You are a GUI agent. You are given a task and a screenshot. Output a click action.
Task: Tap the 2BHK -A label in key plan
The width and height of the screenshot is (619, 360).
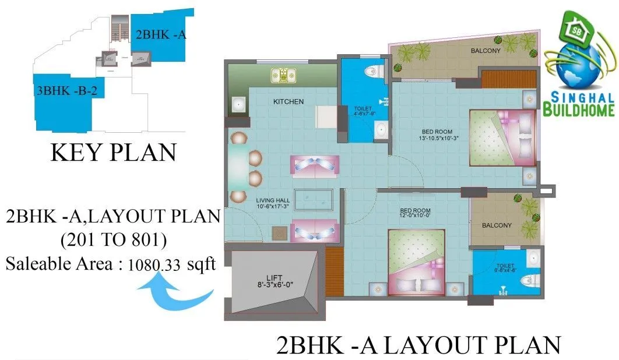pos(161,34)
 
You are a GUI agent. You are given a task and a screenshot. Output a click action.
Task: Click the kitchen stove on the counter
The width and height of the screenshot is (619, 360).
pos(285,75)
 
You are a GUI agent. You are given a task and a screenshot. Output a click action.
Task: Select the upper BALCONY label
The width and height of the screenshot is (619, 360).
pos(486,51)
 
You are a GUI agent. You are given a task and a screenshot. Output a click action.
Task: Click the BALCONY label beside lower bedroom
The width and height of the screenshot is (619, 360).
pos(497,225)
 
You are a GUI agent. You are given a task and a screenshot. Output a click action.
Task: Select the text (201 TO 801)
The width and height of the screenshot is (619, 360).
pos(112,240)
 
